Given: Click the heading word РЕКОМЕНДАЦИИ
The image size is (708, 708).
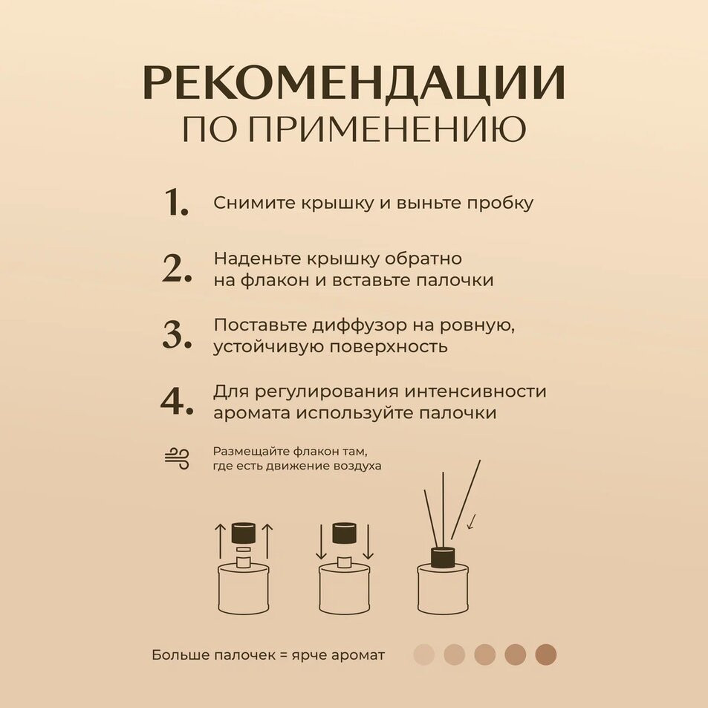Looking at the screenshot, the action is [x=354, y=83].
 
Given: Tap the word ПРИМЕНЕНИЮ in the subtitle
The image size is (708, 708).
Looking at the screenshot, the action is [x=387, y=129].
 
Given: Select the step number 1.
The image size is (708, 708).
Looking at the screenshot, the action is [x=175, y=202].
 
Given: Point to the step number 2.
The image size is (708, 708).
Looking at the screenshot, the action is [x=177, y=269].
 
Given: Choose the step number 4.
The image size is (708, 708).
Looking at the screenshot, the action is [x=177, y=401].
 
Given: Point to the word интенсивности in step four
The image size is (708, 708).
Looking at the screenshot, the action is [x=475, y=391].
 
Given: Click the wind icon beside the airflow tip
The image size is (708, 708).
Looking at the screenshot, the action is [x=177, y=459].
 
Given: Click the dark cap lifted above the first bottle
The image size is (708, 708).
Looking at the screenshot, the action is [x=244, y=533].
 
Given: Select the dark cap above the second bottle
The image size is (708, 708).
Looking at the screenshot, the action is [x=345, y=533].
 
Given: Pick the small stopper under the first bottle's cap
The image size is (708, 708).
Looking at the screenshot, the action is [x=244, y=550].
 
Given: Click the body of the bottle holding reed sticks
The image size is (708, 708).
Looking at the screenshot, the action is [x=444, y=589].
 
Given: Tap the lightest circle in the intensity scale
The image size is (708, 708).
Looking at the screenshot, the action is [x=423, y=655].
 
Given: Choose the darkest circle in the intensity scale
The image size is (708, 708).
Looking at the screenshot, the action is [x=546, y=655].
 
